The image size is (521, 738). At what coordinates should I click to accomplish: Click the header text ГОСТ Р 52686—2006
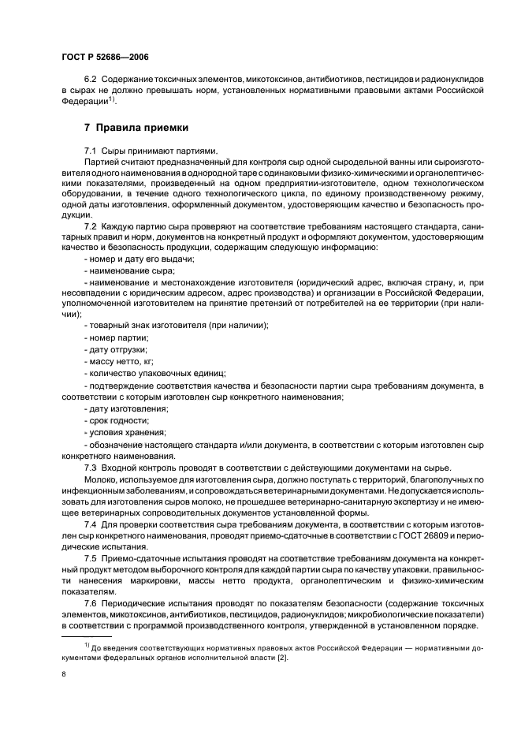pos(105,57)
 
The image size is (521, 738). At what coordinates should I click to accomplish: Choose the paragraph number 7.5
pos(91,557)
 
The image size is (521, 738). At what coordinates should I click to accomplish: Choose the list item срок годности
pos(115,422)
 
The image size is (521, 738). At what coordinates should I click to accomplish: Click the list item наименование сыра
pos(121,270)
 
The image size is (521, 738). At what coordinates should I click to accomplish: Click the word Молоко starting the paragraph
pos(99,480)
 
